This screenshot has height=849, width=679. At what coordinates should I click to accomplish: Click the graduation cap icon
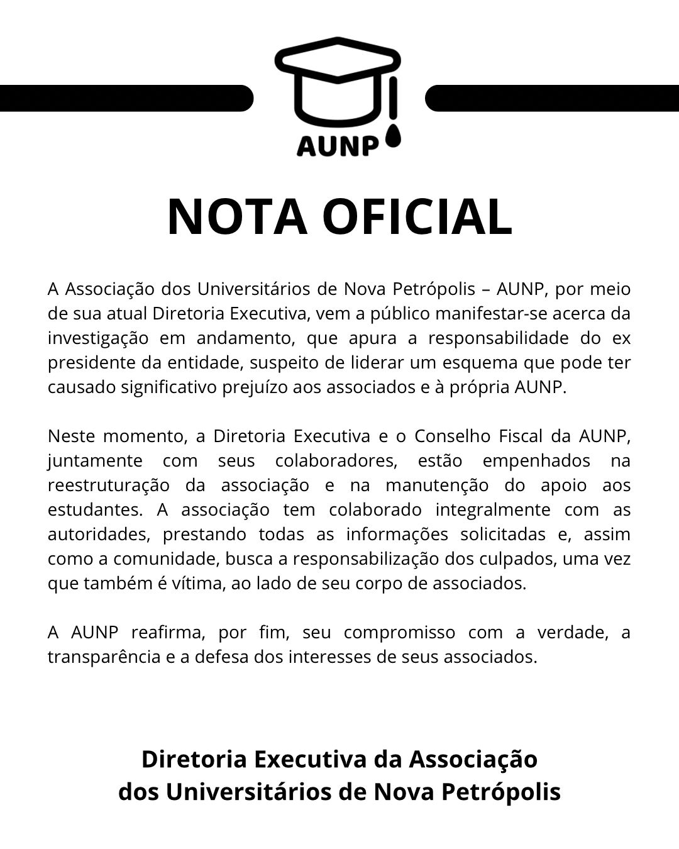tap(338, 82)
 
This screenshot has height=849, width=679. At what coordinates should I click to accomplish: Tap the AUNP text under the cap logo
tap(338, 145)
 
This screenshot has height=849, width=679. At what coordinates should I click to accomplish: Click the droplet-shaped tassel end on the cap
tap(393, 137)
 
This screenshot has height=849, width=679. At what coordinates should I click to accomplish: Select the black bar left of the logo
tap(126, 98)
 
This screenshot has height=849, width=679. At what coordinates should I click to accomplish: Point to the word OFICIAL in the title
tap(417, 217)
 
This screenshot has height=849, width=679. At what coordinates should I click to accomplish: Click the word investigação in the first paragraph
tap(98, 338)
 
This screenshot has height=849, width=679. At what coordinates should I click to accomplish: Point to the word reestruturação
tap(109, 486)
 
